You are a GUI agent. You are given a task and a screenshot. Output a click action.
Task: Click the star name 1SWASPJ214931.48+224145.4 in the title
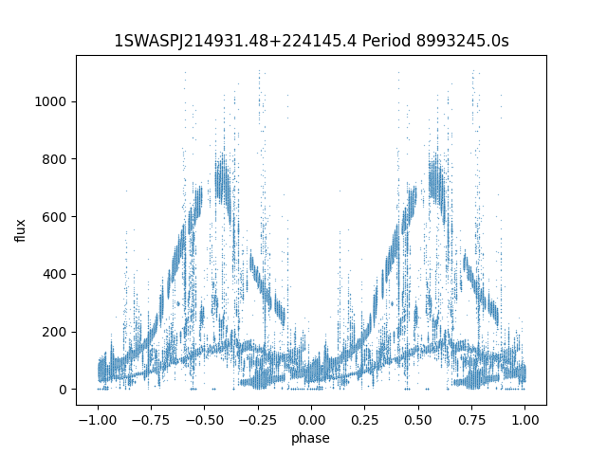point(235,41)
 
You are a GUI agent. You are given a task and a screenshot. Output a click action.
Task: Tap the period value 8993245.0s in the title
point(462,41)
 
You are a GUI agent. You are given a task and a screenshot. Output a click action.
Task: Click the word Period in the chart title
point(386,41)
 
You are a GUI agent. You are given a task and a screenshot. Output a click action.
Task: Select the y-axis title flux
point(20,230)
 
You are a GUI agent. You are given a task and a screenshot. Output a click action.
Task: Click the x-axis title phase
point(310,438)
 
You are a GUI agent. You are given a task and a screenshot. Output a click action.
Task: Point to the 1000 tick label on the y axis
point(50,101)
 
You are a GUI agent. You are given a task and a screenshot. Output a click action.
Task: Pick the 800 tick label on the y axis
point(54,159)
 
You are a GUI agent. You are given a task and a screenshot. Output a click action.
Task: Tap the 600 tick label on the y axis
point(54,217)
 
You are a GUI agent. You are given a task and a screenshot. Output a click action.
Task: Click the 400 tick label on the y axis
point(54,274)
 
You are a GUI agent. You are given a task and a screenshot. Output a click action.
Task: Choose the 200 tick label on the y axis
point(54,332)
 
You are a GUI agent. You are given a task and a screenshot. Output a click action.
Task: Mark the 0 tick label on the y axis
point(63,390)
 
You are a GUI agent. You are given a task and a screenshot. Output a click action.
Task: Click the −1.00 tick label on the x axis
point(98,420)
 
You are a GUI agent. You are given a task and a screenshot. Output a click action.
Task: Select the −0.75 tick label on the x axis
point(151,420)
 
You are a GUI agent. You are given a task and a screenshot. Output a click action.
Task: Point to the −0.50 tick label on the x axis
point(205,420)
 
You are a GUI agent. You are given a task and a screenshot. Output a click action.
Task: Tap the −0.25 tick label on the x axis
point(258,420)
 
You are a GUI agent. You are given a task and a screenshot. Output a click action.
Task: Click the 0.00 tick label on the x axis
point(311,420)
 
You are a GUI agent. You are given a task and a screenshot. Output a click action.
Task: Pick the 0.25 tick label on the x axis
point(364,420)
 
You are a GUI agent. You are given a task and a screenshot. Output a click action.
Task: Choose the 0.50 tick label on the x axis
point(418,420)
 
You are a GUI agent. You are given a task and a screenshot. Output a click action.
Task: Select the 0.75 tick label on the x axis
point(471,420)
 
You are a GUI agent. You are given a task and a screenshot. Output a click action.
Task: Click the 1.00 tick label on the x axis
point(524,420)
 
